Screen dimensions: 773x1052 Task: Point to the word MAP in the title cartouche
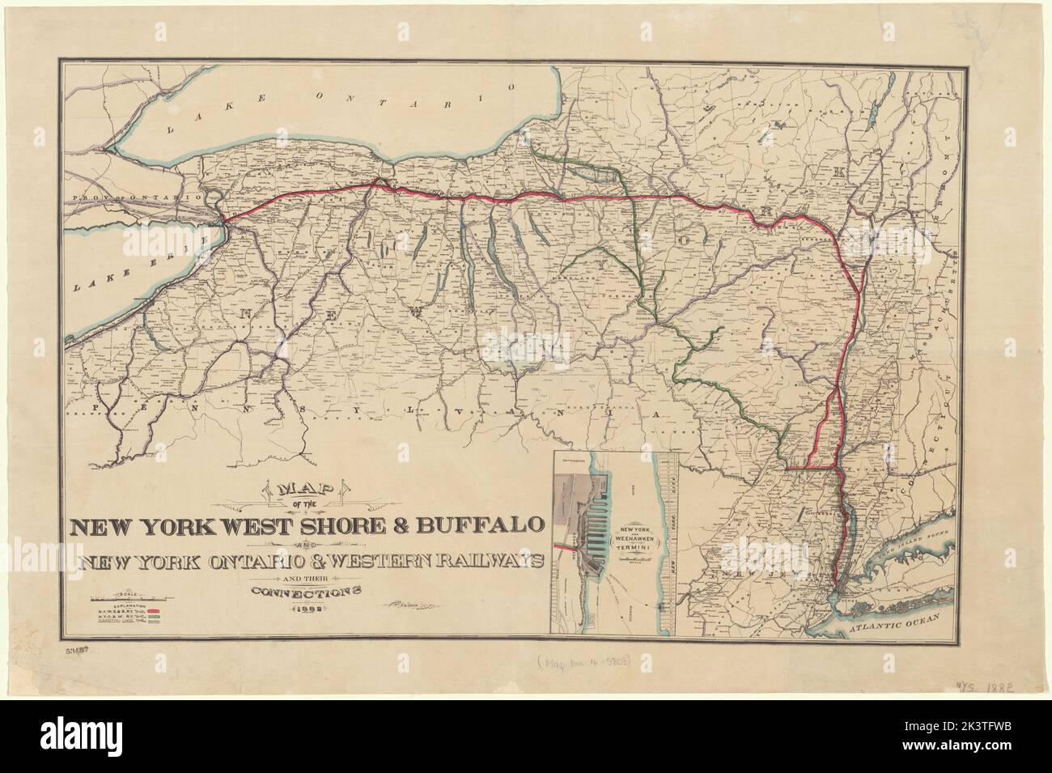(310, 492)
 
